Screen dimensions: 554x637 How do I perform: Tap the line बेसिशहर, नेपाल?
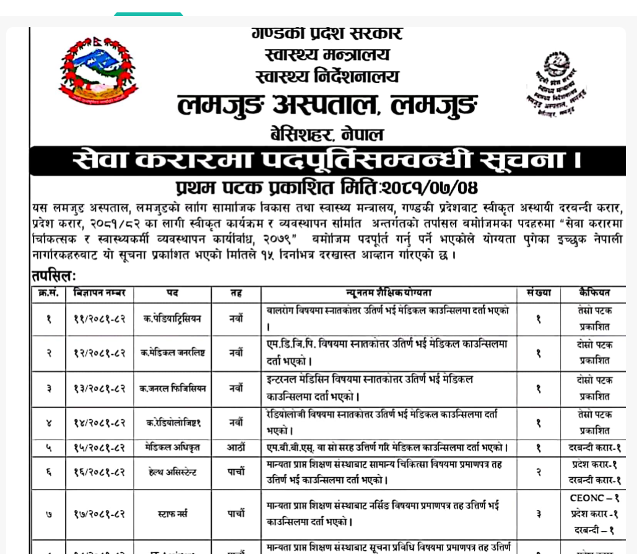(x=327, y=134)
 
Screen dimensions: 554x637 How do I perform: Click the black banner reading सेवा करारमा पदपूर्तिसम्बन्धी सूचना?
(x=327, y=161)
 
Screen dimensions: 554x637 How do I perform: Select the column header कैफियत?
(x=594, y=293)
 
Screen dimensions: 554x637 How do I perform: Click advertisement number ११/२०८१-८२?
(x=100, y=319)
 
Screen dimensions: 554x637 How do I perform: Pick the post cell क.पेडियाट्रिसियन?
(x=172, y=319)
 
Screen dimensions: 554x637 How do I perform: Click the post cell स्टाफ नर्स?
(x=172, y=514)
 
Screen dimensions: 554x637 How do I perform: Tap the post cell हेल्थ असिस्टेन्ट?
(x=172, y=472)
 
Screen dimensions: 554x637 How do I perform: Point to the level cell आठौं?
(x=236, y=448)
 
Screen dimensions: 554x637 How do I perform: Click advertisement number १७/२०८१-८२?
(x=100, y=514)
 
